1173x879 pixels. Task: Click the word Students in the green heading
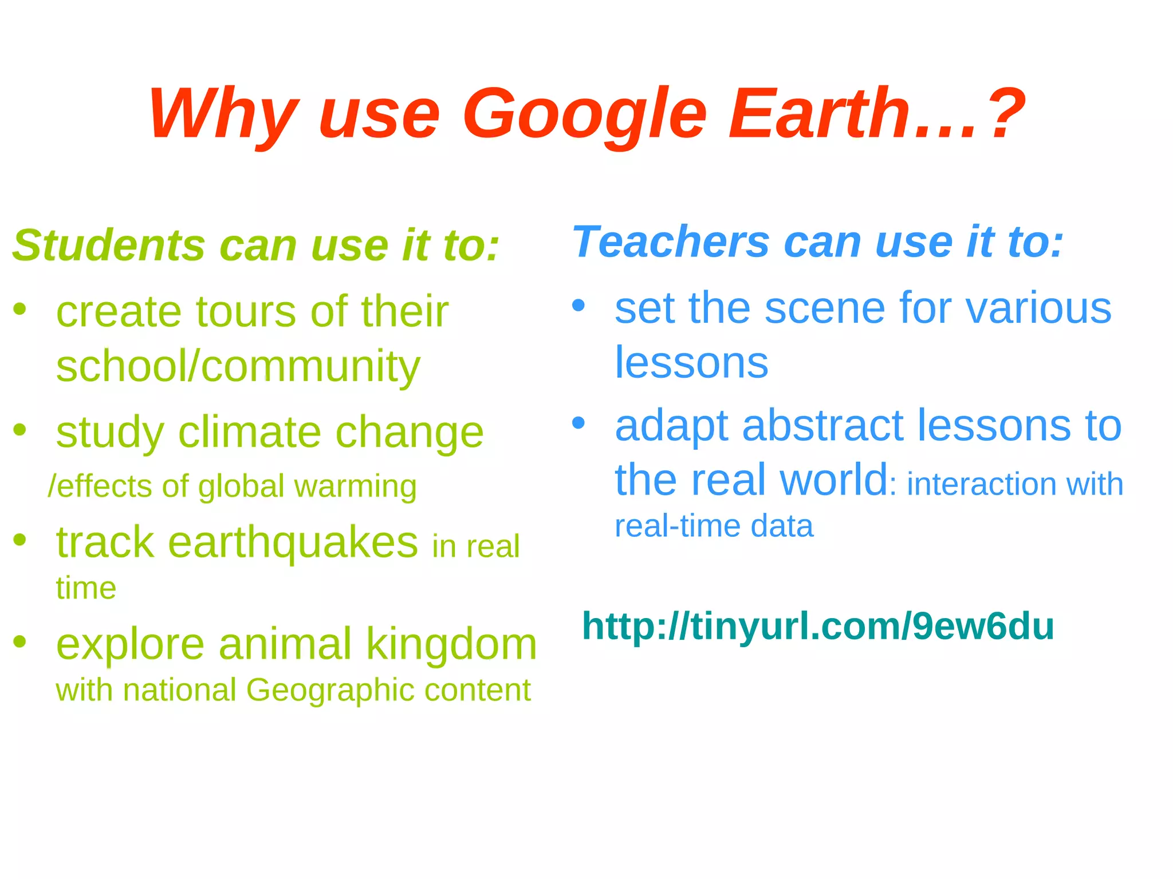(109, 246)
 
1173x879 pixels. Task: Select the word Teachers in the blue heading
(670, 242)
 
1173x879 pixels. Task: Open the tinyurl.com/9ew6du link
(817, 626)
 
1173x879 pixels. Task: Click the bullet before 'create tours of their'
(20, 310)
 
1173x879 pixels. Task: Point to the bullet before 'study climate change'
(20, 429)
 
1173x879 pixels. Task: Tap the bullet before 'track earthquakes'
(20, 539)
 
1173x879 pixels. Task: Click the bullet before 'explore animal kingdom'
(20, 642)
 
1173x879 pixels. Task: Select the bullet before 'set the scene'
(578, 306)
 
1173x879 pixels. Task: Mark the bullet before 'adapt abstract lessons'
(578, 423)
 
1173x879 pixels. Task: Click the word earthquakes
(293, 543)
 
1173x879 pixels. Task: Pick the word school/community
(238, 366)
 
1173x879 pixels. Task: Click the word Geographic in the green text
(331, 690)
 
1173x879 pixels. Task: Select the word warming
(355, 487)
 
